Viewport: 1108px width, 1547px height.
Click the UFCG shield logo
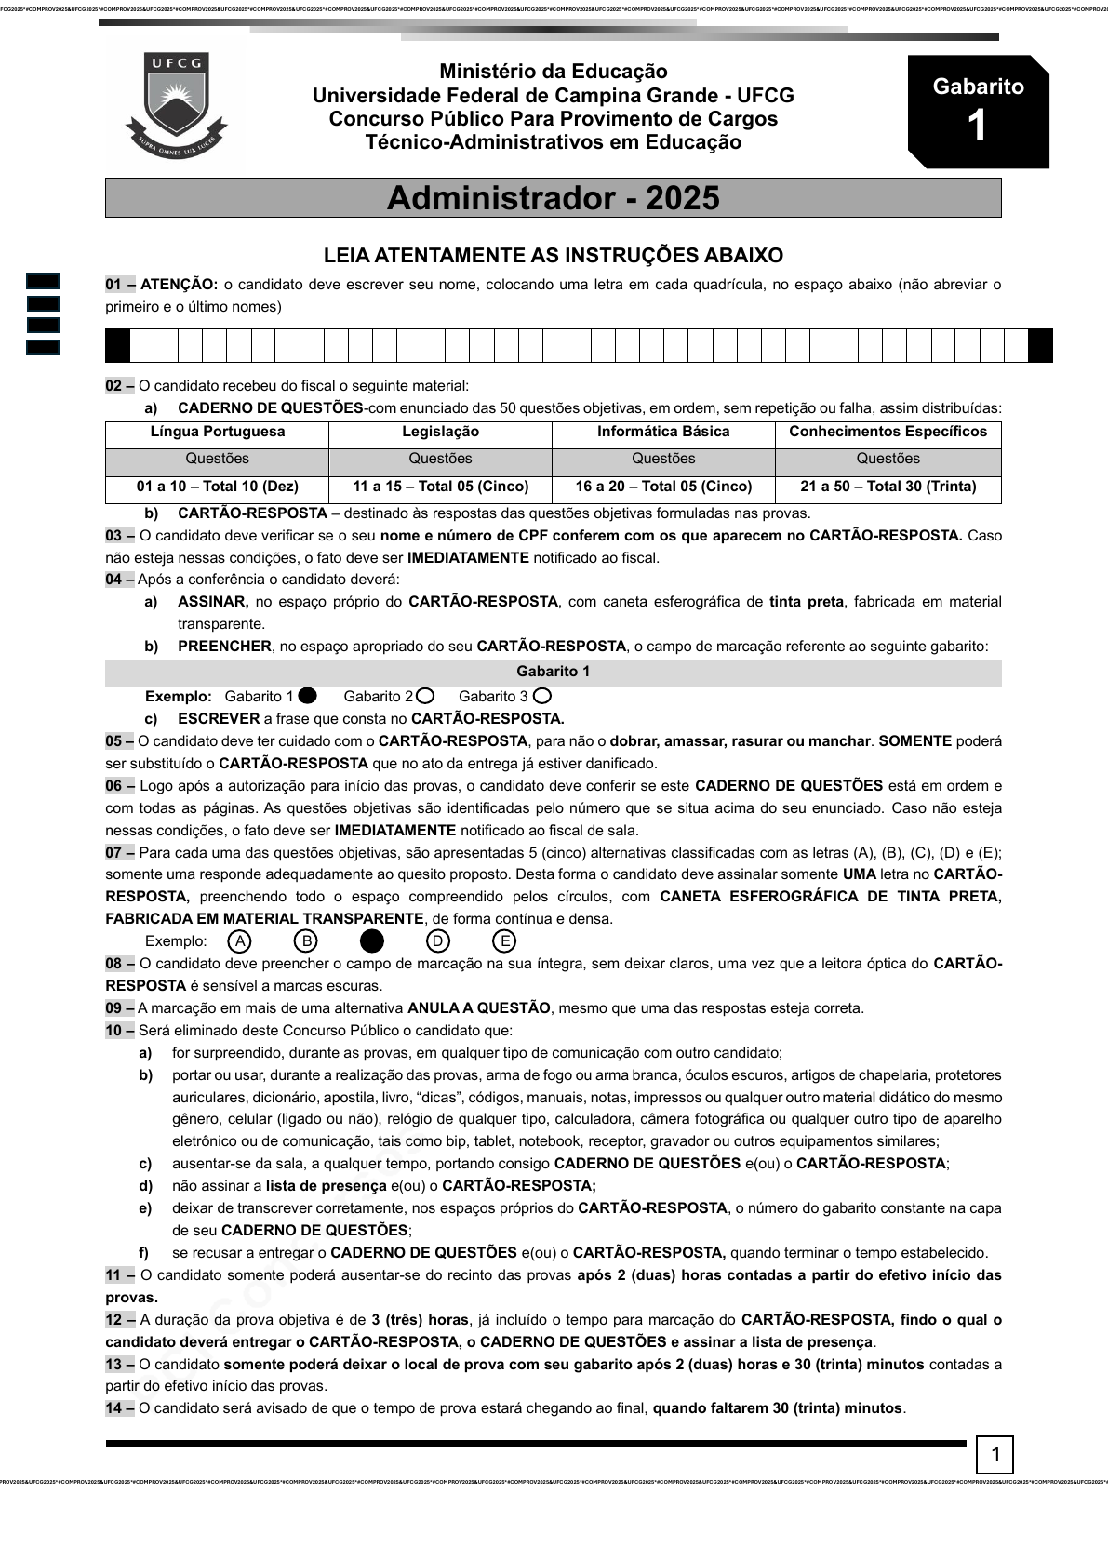pos(176,105)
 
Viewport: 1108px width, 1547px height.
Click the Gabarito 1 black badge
pos(978,112)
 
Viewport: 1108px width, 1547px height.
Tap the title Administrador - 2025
pos(553,198)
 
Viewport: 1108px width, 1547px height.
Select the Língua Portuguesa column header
pos(217,432)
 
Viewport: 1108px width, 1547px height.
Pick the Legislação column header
pos(440,432)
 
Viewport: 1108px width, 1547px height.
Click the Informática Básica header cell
pos(663,432)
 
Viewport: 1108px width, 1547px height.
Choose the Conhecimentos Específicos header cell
pos(888,432)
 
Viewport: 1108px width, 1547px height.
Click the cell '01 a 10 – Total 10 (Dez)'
pos(217,487)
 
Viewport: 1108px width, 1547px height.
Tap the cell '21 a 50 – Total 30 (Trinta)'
pos(888,487)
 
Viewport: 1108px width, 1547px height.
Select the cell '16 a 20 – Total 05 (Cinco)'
pos(663,487)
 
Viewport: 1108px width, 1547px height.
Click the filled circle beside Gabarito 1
pos(308,696)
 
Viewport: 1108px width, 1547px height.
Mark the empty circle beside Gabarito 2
pos(425,696)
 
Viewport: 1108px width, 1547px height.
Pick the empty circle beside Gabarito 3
pos(542,696)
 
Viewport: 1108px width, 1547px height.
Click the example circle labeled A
pos(239,941)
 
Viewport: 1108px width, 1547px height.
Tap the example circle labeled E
pos(503,941)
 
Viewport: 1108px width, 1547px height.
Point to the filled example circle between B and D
pos(371,941)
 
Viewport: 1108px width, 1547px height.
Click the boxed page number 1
pos(995,1455)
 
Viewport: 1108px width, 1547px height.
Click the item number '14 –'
pos(119,1408)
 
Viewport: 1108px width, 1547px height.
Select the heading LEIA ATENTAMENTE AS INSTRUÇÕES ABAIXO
pos(553,255)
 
